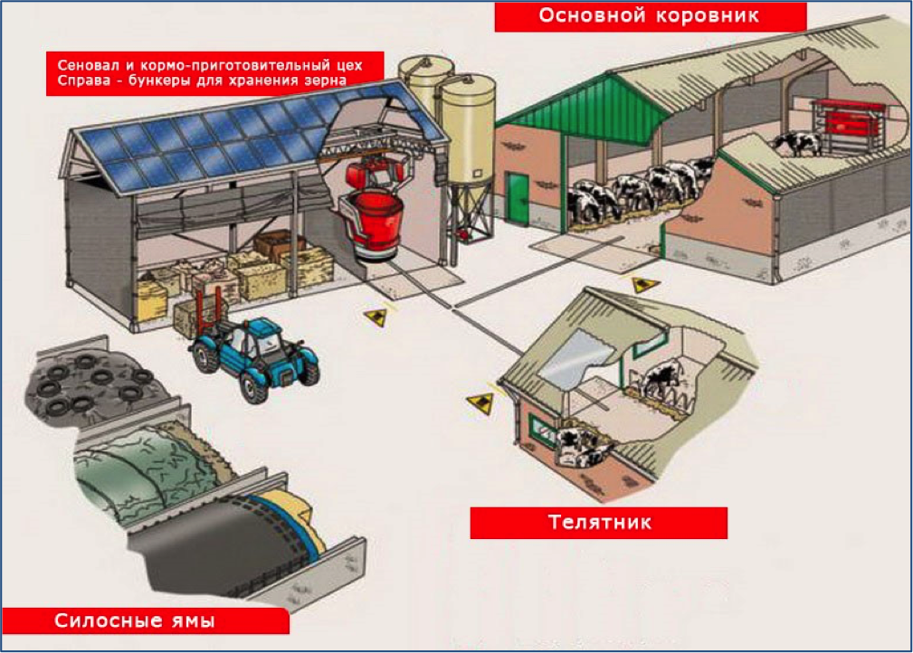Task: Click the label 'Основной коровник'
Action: (649, 15)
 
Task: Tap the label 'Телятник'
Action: (599, 522)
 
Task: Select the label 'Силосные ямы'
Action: (135, 620)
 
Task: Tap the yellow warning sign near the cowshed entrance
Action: (644, 285)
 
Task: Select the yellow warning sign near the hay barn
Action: (376, 317)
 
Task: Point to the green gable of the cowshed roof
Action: (582, 108)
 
